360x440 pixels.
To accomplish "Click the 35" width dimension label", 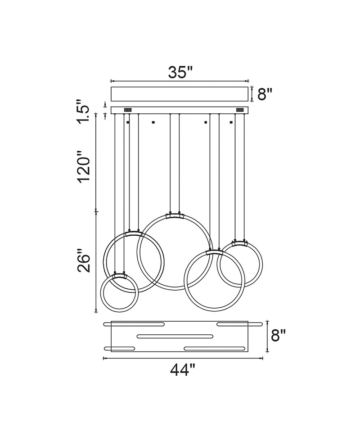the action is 181,72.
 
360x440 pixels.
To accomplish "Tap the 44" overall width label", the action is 182,369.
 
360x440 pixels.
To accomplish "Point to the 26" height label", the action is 84,260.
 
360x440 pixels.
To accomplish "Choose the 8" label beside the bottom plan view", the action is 278,335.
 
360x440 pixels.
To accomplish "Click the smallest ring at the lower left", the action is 102,294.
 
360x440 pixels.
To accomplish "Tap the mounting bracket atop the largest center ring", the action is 175,216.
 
